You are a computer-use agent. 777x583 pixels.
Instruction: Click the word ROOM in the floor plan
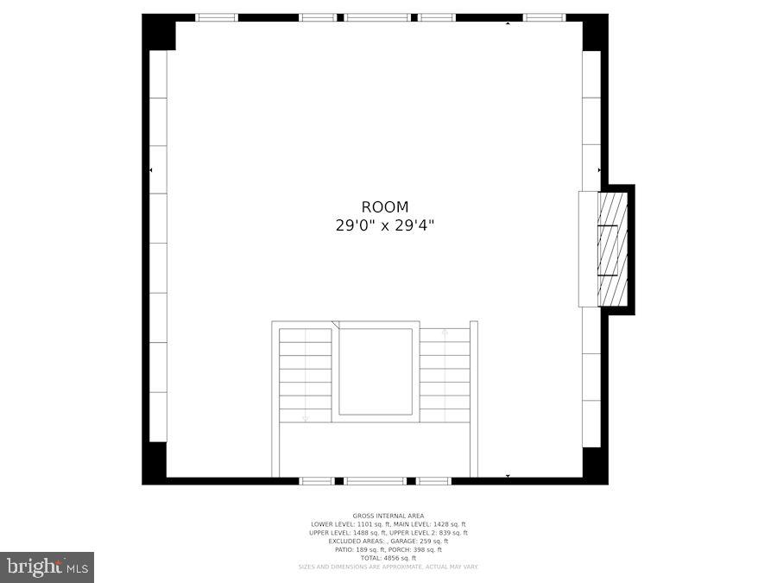coord(385,207)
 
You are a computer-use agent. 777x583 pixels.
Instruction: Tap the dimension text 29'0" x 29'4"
coord(385,225)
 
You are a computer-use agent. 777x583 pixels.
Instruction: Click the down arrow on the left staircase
coord(306,417)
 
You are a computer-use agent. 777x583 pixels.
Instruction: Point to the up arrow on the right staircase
coord(445,333)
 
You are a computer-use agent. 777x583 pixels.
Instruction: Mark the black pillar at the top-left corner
coord(159,32)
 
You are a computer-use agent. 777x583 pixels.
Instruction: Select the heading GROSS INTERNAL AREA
coord(388,516)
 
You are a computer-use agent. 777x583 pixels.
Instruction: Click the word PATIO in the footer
coord(344,549)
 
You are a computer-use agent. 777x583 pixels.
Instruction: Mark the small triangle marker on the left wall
coord(151,171)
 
